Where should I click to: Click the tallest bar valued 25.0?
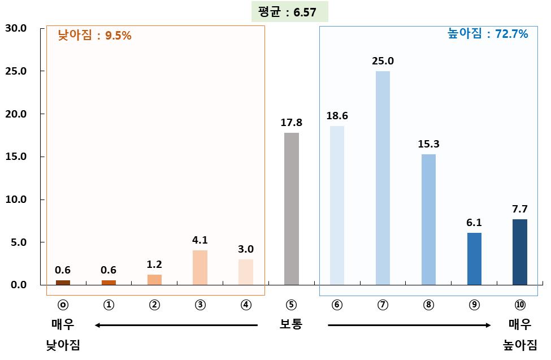pyautogui.click(x=383, y=178)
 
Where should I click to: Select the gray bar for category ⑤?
pyautogui.click(x=291, y=209)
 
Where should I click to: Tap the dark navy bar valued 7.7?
pyautogui.click(x=519, y=252)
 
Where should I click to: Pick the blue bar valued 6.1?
pyautogui.click(x=474, y=259)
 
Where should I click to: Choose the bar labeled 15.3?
pyautogui.click(x=428, y=219)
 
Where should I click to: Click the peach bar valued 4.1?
pyautogui.click(x=200, y=267)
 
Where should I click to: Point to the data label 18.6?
pyautogui.click(x=337, y=116)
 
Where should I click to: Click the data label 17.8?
pyautogui.click(x=291, y=123)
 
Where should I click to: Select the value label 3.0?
pyautogui.click(x=246, y=249)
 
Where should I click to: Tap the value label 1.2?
pyautogui.click(x=154, y=264)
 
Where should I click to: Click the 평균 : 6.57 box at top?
pyautogui.click(x=289, y=12)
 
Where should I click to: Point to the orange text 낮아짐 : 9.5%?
pyautogui.click(x=94, y=36)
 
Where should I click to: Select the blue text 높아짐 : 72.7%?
pyautogui.click(x=488, y=34)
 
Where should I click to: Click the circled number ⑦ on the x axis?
pyautogui.click(x=383, y=304)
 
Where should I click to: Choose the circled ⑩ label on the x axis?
pyautogui.click(x=519, y=304)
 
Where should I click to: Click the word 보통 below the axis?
pyautogui.click(x=291, y=325)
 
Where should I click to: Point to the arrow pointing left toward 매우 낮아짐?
pyautogui.click(x=176, y=325)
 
